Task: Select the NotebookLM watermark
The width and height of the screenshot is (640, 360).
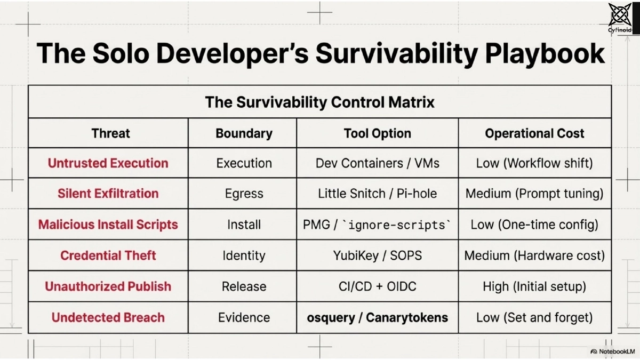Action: coord(611,351)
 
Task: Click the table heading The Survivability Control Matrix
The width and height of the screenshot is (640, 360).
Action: coord(319,102)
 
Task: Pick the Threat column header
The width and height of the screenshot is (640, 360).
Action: coord(110,133)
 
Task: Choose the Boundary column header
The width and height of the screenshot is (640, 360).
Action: coord(244,133)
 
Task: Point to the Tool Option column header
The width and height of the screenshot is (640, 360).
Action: coord(377,133)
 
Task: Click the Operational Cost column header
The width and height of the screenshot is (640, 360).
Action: coord(534,133)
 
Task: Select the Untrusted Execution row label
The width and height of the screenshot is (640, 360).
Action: coord(108,163)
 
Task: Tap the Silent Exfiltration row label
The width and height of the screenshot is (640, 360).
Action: coord(108,194)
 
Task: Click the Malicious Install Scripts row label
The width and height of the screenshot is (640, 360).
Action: coord(108,225)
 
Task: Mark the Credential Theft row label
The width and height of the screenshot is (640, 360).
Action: coord(108,255)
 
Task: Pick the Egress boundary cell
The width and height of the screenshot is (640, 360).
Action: coord(244,194)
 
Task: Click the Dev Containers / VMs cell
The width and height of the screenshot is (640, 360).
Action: coord(377,163)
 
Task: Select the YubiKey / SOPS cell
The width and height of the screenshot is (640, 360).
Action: coord(377,255)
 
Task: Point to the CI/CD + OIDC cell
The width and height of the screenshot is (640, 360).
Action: coord(377,286)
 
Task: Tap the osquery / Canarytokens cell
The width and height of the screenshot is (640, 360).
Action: coord(377,318)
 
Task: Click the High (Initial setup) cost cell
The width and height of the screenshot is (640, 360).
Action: coord(534,286)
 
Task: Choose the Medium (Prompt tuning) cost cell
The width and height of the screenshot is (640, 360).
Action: coord(534,194)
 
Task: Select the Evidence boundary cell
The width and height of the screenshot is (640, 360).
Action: coord(244,318)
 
